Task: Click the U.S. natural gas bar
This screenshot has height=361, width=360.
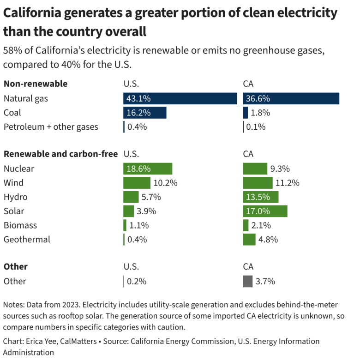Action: (180, 98)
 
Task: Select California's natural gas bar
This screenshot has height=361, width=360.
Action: (291, 98)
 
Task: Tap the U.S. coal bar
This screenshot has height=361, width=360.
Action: (144, 113)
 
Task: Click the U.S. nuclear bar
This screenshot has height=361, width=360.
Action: (147, 168)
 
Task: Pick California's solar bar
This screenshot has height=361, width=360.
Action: (265, 211)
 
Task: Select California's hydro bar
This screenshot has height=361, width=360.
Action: (260, 197)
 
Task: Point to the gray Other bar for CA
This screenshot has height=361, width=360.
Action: (248, 281)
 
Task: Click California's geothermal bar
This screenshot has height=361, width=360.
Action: (249, 240)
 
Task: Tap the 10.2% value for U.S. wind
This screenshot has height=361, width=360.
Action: (166, 183)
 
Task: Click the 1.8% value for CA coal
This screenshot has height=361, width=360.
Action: (260, 113)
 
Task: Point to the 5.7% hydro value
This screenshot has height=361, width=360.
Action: (151, 197)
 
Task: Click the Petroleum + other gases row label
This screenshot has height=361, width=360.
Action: (51, 127)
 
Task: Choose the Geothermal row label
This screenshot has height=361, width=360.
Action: (27, 240)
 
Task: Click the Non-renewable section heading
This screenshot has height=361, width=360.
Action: (36, 84)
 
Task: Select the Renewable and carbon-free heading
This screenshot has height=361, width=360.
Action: (60, 154)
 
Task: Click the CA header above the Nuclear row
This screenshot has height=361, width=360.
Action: (248, 154)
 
